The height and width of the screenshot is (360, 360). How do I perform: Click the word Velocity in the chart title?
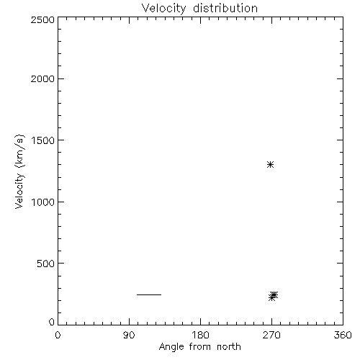tap(164, 9)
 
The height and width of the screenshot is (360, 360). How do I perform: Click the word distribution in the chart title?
tap(225, 8)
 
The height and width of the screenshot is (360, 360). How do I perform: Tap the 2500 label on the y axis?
tap(42, 19)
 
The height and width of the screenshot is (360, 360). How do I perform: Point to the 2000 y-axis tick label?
tap(42, 78)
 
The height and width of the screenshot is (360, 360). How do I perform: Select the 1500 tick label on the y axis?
tap(43, 140)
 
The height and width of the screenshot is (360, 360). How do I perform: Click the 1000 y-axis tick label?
tap(43, 202)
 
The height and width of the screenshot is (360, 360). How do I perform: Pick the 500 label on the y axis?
tap(45, 264)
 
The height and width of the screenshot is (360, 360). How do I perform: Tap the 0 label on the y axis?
tap(52, 322)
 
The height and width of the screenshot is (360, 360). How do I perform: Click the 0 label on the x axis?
tap(58, 335)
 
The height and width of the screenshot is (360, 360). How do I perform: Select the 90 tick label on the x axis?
tap(129, 335)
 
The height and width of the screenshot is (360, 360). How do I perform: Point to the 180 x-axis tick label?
tap(200, 335)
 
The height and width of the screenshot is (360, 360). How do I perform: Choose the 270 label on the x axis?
tap(271, 335)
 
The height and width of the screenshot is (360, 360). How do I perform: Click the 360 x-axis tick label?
tap(343, 335)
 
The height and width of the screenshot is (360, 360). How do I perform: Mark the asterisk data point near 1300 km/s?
tap(271, 165)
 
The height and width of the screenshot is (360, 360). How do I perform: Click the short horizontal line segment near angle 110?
tap(149, 294)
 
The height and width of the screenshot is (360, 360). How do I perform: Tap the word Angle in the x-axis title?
tap(171, 348)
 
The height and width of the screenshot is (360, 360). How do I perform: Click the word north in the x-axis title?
tap(229, 347)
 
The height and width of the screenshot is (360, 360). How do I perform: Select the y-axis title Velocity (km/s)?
tap(19, 171)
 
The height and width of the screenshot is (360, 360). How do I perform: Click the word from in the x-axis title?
tap(200, 347)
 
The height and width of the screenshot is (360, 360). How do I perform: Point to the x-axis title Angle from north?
tap(200, 348)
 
